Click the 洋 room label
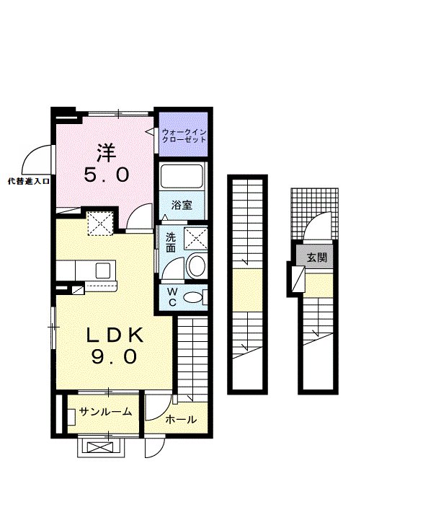pyautogui.click(x=106, y=153)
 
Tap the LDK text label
pyautogui.click(x=115, y=335)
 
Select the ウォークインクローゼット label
pyautogui.click(x=183, y=136)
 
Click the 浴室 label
pyautogui.click(x=182, y=205)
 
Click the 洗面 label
pyautogui.click(x=171, y=242)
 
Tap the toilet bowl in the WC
pyautogui.click(x=192, y=297)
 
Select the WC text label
pyautogui.click(x=172, y=296)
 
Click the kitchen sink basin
pyautogui.click(x=102, y=270)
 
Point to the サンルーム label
pyautogui.click(x=105, y=411)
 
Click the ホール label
pyautogui.click(x=181, y=420)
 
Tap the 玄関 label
pyautogui.click(x=317, y=258)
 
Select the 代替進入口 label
pyautogui.click(x=29, y=182)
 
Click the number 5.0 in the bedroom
pyautogui.click(x=107, y=175)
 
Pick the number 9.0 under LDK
pyautogui.click(x=114, y=356)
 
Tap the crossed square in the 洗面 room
pyautogui.click(x=195, y=239)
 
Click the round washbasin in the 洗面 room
pyautogui.click(x=197, y=266)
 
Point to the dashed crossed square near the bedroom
pyautogui.click(x=100, y=223)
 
